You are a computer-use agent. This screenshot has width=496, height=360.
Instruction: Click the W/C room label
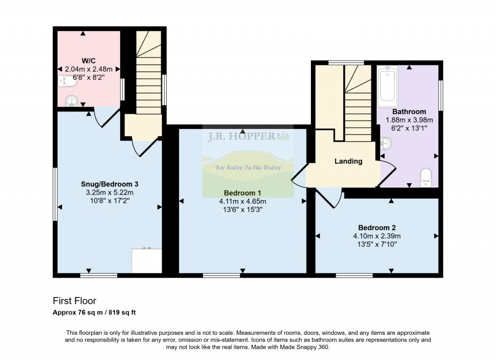click(x=89, y=61)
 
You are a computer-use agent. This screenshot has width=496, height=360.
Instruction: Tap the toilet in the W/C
click(x=67, y=81)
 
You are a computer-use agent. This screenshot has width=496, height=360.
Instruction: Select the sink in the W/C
click(x=72, y=101)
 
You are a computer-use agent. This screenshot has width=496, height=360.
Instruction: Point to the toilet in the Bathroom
click(x=426, y=177)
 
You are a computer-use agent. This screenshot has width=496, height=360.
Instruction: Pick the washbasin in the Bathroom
click(x=386, y=143)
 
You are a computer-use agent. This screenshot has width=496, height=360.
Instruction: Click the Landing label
click(x=348, y=161)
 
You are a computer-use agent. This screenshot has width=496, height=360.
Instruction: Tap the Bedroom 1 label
click(x=242, y=193)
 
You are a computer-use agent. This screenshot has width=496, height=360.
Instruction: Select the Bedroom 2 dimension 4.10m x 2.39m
click(x=377, y=236)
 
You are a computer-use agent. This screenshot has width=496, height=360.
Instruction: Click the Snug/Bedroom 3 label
click(x=109, y=184)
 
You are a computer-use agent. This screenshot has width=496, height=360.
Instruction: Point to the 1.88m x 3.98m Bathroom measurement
click(x=409, y=120)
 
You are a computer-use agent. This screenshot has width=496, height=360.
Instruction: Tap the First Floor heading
click(x=74, y=300)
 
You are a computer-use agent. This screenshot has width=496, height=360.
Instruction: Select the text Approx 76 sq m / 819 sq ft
click(x=94, y=313)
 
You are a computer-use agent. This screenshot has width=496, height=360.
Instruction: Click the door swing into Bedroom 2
click(x=329, y=198)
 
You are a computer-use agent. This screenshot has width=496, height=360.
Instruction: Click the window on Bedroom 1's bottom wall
click(x=221, y=276)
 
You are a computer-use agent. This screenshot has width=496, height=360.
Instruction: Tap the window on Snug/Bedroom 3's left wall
click(x=55, y=194)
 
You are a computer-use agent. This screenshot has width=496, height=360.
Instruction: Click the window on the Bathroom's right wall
click(x=441, y=95)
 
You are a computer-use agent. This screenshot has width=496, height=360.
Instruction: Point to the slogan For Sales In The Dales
click(x=248, y=167)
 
